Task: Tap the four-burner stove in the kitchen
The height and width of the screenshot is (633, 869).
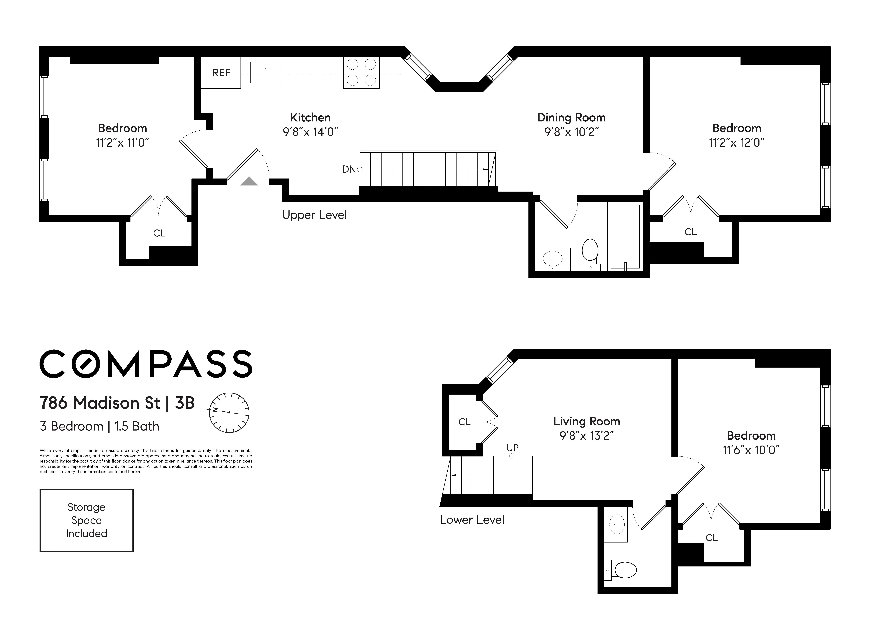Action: click(x=361, y=72)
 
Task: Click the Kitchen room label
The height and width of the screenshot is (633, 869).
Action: click(x=310, y=118)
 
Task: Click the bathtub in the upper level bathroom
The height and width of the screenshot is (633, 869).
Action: click(x=625, y=236)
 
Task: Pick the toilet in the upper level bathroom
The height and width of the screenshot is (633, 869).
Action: click(x=590, y=251)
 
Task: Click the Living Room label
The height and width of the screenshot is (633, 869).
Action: click(x=586, y=421)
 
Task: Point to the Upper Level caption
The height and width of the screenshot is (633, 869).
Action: click(x=314, y=215)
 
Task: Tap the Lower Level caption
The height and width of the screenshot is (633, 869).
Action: click(x=472, y=520)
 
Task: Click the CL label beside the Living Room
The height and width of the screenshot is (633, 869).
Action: click(x=464, y=422)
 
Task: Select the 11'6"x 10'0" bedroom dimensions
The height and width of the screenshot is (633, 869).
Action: click(x=751, y=450)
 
